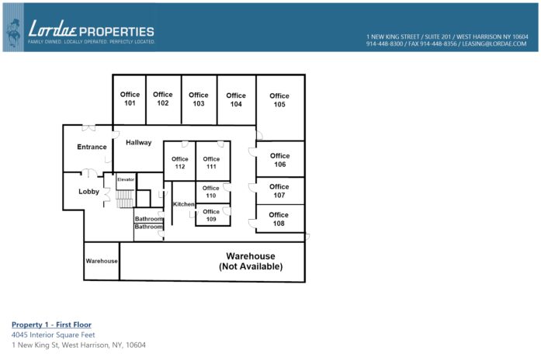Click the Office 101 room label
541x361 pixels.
[x=130, y=99]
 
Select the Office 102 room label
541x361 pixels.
[x=163, y=99]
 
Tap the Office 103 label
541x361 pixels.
[x=199, y=99]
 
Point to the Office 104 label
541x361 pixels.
[x=236, y=100]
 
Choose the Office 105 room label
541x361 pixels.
[x=279, y=100]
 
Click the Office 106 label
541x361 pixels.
[x=279, y=160]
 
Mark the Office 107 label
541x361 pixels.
[x=279, y=191]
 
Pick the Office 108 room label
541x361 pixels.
[x=279, y=220]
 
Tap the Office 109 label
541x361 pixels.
[x=211, y=215]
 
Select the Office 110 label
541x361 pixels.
[x=211, y=191]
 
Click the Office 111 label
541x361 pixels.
[x=211, y=163]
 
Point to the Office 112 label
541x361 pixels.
[x=180, y=163]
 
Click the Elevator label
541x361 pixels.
[x=126, y=179]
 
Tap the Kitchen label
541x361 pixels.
[x=184, y=204]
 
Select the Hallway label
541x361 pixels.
[x=139, y=143]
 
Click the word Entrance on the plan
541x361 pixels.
[x=92, y=148]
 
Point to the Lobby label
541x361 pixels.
[x=89, y=192]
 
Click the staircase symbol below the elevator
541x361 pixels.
[x=125, y=200]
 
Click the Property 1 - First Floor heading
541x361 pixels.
[x=51, y=325]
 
